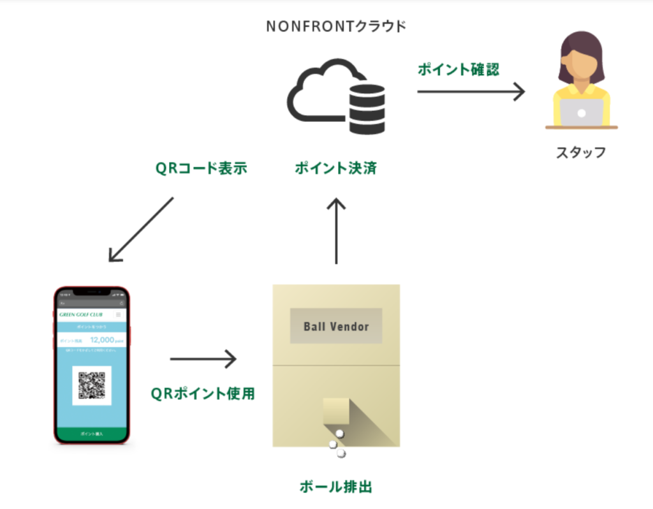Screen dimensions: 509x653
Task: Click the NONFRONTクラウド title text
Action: tap(335, 27)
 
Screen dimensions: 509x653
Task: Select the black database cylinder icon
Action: tap(367, 109)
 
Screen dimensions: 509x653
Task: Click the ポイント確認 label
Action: tap(459, 70)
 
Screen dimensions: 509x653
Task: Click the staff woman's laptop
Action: tap(581, 113)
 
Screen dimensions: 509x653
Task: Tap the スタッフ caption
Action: tap(580, 153)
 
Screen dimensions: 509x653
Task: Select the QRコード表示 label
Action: tap(201, 168)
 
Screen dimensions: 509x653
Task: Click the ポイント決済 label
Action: tap(335, 168)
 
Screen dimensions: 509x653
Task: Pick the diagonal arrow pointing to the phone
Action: tap(141, 229)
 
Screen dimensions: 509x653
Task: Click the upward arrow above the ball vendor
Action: tap(336, 230)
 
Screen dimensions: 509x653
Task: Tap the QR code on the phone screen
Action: tap(92, 385)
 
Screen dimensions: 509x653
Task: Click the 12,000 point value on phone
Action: tap(102, 341)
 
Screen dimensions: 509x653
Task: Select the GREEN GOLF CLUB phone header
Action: tap(81, 314)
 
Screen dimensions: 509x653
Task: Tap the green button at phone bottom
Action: tap(92, 434)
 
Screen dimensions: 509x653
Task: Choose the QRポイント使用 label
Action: tap(203, 394)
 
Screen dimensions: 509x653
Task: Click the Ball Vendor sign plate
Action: tap(336, 326)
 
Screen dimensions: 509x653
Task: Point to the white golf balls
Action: tap(337, 444)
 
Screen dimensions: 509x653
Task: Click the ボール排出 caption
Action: tap(335, 487)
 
